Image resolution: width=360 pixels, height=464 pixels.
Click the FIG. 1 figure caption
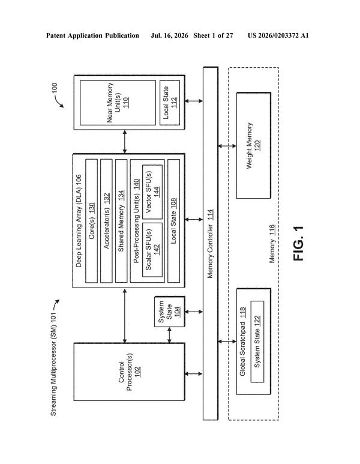[298, 243]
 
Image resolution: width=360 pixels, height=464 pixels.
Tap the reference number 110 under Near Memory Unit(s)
[126, 103]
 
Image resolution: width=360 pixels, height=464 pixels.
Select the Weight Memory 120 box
[254, 145]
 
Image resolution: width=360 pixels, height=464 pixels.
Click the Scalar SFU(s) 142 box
[152, 250]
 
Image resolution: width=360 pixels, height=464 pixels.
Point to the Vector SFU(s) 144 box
[152, 191]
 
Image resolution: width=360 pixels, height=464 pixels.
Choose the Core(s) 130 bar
[91, 221]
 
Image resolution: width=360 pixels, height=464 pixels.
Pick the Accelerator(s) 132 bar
[106, 221]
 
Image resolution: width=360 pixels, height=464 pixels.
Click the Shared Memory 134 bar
[121, 221]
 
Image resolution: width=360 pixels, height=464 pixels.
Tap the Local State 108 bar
[173, 221]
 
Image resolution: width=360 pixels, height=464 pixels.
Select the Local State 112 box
[170, 103]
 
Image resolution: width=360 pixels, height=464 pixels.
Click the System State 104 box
[169, 312]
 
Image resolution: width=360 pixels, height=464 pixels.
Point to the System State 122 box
[257, 342]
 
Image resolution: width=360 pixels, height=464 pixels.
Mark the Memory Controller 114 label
[210, 244]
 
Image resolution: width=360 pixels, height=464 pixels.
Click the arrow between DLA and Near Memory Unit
[125, 142]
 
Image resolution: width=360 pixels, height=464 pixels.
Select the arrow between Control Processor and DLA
[125, 316]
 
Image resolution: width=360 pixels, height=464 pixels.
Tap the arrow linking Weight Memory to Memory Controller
[227, 146]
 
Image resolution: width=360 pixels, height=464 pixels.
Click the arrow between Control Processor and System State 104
[169, 335]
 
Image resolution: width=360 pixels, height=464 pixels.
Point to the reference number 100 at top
[55, 88]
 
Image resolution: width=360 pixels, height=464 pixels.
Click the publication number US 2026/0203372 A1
[278, 35]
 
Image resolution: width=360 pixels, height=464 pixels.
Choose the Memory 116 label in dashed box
[272, 244]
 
